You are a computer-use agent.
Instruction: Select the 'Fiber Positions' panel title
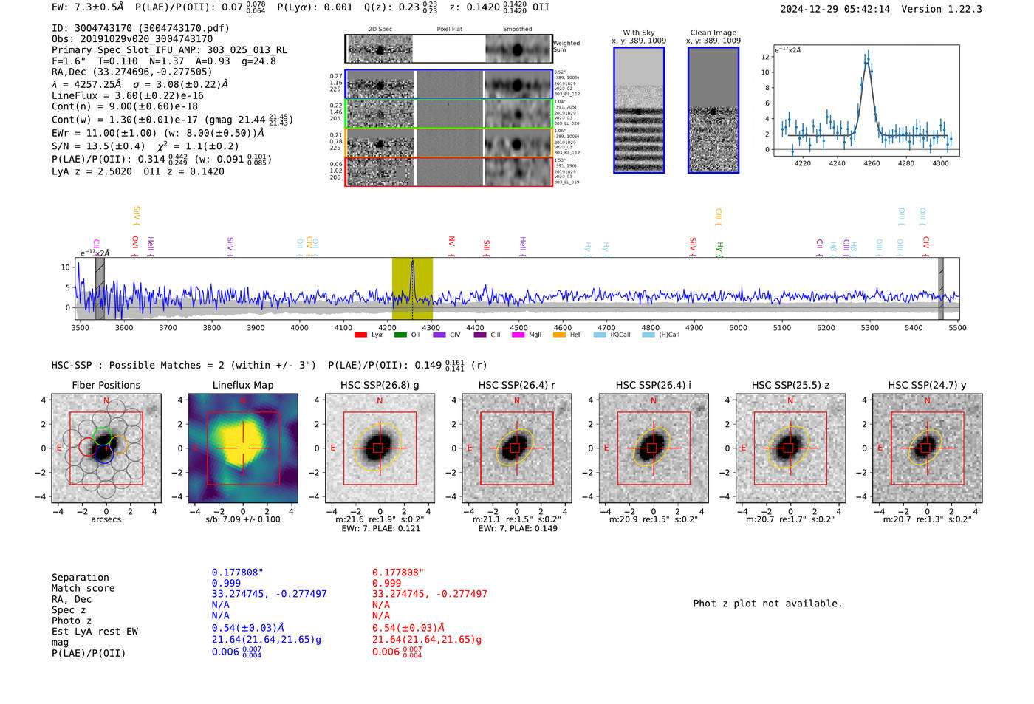[x=106, y=385]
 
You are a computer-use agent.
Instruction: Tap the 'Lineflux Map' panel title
[x=242, y=385]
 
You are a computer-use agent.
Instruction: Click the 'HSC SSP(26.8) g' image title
[x=379, y=385]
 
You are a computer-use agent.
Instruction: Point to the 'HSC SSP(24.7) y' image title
[x=926, y=385]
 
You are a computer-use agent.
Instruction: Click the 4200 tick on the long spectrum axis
[x=387, y=327]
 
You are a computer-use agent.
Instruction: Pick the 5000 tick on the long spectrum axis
[x=738, y=327]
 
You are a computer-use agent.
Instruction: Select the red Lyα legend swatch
[x=360, y=335]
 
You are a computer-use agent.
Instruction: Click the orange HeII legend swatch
[x=559, y=335]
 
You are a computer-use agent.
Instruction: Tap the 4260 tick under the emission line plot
[x=872, y=163]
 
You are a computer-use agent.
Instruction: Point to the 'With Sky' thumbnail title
[x=638, y=33]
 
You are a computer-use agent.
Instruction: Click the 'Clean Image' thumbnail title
[x=713, y=33]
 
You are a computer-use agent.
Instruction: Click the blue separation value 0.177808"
[x=237, y=573]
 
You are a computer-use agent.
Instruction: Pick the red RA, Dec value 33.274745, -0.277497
[x=429, y=594]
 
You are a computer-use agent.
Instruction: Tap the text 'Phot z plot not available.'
[x=767, y=604]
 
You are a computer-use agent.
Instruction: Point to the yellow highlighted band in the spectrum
[x=412, y=288]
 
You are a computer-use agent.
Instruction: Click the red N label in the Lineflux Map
[x=243, y=401]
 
